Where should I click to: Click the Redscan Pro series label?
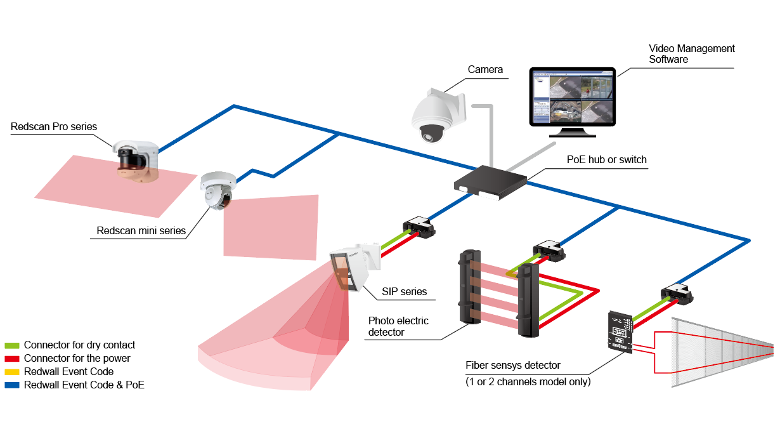point(54,127)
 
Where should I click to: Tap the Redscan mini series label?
point(141,230)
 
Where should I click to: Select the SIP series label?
point(404,292)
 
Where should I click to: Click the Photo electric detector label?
point(398,326)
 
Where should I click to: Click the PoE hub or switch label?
point(606,159)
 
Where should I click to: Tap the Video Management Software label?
point(691,54)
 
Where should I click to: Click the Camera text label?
point(485,69)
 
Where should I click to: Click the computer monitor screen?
point(572,97)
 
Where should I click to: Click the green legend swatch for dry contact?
point(12,345)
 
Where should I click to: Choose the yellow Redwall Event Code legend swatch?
point(12,372)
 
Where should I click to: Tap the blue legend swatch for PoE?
point(12,385)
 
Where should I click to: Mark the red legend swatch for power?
point(12,359)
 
